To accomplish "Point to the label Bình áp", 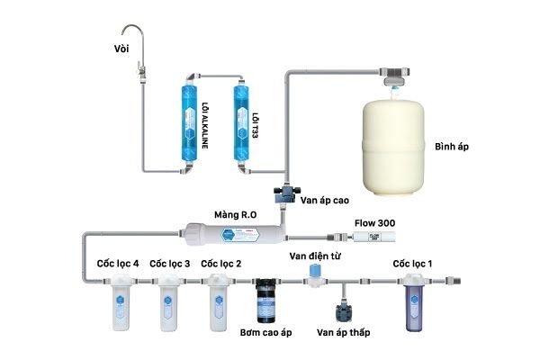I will pos(454,146).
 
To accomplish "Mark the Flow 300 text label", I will pos(374,222).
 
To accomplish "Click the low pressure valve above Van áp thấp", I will pos(343,310).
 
